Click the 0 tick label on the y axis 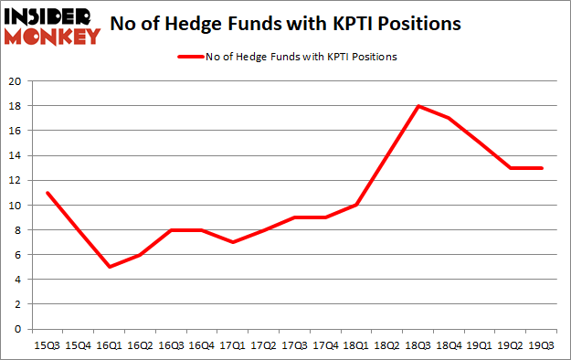coord(17,329)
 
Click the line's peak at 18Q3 coord(418,106)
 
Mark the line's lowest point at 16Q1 coord(109,267)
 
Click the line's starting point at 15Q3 coord(47,193)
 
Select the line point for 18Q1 coord(356,205)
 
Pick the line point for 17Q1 coord(233,242)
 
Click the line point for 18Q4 coord(449,119)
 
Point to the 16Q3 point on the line coord(171,229)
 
